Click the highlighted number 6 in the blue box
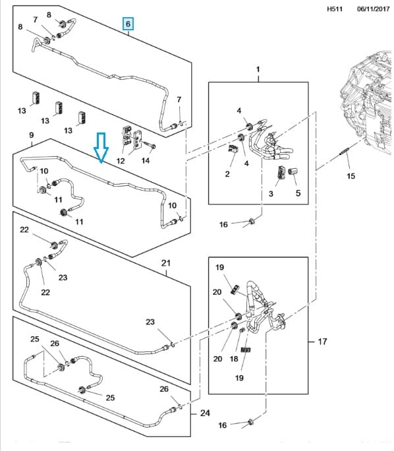pyautogui.click(x=128, y=24)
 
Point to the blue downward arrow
pyautogui.click(x=101, y=147)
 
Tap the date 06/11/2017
pyautogui.click(x=374, y=9)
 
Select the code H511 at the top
pyautogui.click(x=335, y=9)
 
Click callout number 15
pyautogui.click(x=351, y=176)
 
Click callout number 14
pyautogui.click(x=146, y=160)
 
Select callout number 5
pyautogui.click(x=298, y=193)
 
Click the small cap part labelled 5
pyautogui.click(x=293, y=171)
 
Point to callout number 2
pyautogui.click(x=227, y=173)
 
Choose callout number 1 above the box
pyautogui.click(x=258, y=69)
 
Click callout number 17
pyautogui.click(x=322, y=342)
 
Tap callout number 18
pyautogui.click(x=234, y=359)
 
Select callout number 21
pyautogui.click(x=166, y=263)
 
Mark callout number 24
pyautogui.click(x=205, y=413)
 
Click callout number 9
pyautogui.click(x=32, y=135)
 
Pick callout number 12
pyautogui.click(x=121, y=160)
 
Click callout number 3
pyautogui.click(x=271, y=194)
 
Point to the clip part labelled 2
pyautogui.click(x=233, y=149)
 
